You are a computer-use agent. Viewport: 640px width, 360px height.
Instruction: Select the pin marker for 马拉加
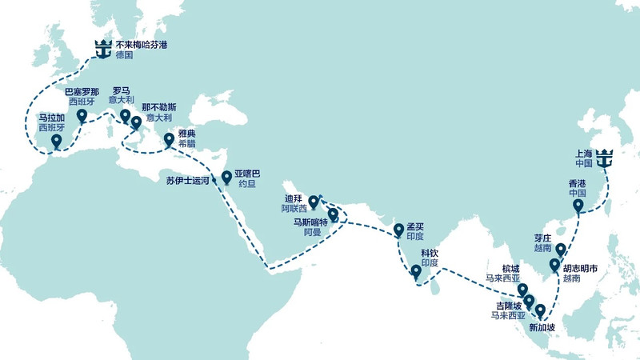[x=56, y=142]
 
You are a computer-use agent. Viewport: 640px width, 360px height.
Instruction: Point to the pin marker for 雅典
[x=169, y=141]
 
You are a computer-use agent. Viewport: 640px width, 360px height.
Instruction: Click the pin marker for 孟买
[x=399, y=231]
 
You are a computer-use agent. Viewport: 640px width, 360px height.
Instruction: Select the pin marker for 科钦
[x=416, y=273]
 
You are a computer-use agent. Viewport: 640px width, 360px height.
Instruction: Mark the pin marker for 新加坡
[x=541, y=310]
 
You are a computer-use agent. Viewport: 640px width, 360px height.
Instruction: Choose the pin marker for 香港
[x=578, y=207]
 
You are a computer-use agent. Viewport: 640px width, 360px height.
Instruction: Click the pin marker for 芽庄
[x=561, y=249]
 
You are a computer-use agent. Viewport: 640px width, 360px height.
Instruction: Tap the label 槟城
[x=509, y=269]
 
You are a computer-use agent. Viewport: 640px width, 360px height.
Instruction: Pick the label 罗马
[x=122, y=91]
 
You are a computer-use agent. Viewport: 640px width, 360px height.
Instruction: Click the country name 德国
[x=124, y=56]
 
